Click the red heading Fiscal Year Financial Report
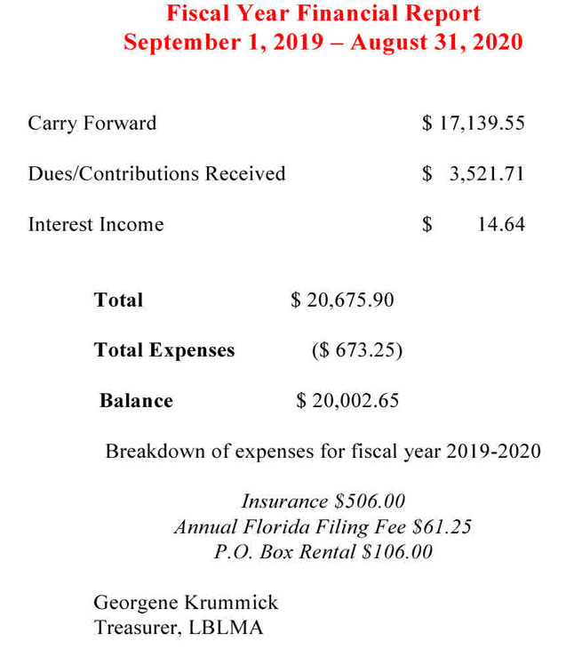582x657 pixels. click(x=323, y=14)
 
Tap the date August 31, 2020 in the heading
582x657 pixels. click(x=436, y=43)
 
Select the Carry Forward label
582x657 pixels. click(x=92, y=123)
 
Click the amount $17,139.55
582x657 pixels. click(x=473, y=123)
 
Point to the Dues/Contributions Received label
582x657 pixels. click(x=156, y=173)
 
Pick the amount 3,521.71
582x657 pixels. click(x=486, y=173)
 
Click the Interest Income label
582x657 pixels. click(x=96, y=224)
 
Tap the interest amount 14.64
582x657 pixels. click(x=501, y=224)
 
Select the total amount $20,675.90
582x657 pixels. click(x=342, y=300)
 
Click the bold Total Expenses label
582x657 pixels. click(x=164, y=350)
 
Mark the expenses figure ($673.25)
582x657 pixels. click(x=357, y=350)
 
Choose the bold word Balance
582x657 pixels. click(x=136, y=401)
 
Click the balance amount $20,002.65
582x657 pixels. click(x=347, y=401)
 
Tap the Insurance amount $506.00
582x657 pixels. click(x=369, y=501)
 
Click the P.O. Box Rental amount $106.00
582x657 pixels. click(x=397, y=551)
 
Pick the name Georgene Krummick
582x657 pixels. click(x=186, y=603)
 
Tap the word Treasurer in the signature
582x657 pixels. click(x=138, y=628)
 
